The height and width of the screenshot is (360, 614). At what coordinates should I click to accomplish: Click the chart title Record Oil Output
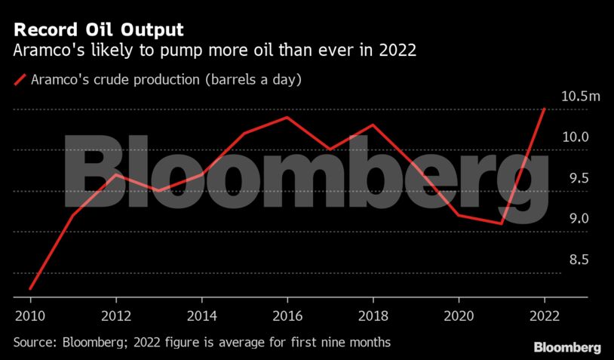point(97,31)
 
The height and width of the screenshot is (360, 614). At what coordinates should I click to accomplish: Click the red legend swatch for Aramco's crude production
point(20,79)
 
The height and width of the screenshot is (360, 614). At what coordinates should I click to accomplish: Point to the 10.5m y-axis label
point(580,96)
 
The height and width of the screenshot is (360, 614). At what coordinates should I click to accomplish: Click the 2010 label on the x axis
point(29,315)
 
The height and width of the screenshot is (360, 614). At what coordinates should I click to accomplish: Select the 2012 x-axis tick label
point(115,315)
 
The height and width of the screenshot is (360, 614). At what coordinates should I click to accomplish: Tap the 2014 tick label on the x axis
point(201,315)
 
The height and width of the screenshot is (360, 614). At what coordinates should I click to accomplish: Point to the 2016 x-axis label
point(287,315)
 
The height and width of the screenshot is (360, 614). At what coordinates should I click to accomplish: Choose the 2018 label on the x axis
point(373,315)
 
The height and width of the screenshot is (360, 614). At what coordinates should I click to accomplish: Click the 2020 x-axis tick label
point(459,315)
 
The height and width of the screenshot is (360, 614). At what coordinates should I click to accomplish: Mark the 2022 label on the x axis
point(545,315)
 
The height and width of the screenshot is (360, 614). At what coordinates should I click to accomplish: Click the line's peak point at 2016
point(287,117)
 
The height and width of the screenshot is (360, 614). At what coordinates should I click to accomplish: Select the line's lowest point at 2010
point(29,288)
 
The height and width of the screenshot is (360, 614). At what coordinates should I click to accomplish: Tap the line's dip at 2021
point(502,223)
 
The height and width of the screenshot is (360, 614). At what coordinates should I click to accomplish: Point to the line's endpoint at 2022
point(545,109)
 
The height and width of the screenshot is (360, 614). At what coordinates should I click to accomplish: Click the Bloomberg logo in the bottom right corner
point(567,347)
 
